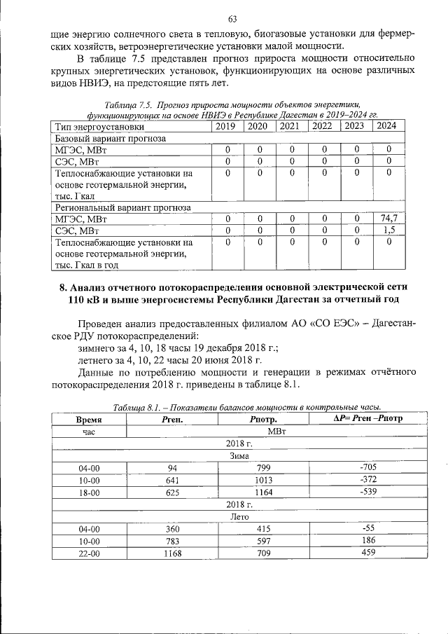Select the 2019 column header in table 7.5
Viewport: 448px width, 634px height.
coord(227,127)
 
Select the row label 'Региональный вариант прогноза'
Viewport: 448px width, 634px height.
coord(122,207)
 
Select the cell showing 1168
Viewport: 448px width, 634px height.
coord(171,553)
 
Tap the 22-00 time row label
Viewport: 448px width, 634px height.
coord(89,553)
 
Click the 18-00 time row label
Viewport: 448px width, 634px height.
coord(89,493)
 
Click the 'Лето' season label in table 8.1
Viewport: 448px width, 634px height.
coord(239,516)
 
